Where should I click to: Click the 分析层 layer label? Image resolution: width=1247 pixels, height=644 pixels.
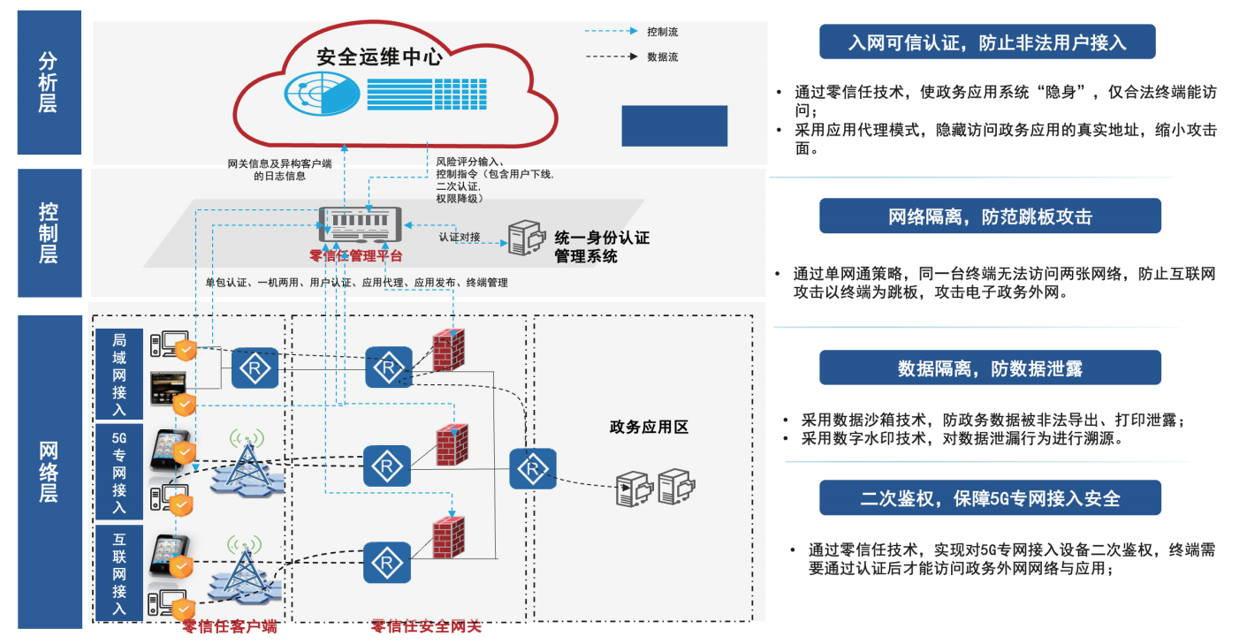pos(49,82)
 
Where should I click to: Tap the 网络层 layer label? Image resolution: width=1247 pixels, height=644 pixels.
pos(49,470)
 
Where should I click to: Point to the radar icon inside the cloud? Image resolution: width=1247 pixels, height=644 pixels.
pos(321,91)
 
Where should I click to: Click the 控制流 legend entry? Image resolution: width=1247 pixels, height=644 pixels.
pos(662,32)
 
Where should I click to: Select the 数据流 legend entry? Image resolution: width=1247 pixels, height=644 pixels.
pos(662,57)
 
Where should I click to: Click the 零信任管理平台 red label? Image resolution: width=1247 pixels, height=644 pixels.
pos(356,256)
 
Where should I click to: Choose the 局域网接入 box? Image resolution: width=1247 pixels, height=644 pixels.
pos(119,374)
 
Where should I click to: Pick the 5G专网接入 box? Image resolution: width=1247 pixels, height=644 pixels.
pos(119,472)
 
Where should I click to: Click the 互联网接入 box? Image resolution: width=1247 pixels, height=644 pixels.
pos(119,572)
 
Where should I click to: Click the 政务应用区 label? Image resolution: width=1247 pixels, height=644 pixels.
pos(649,428)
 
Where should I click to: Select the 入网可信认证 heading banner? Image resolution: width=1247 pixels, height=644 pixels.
pos(987,42)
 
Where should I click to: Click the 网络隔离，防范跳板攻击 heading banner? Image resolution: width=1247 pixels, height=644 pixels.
pos(990,216)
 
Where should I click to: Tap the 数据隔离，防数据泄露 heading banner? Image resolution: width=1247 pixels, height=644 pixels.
pos(990,367)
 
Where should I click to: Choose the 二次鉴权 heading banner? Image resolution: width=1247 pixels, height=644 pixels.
pos(990,498)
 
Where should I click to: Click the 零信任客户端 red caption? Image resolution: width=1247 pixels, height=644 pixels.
pos(230,627)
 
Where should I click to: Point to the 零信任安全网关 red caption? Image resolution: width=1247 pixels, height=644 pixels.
pos(426,627)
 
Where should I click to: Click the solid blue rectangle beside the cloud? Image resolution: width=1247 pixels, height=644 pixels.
pos(674,125)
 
